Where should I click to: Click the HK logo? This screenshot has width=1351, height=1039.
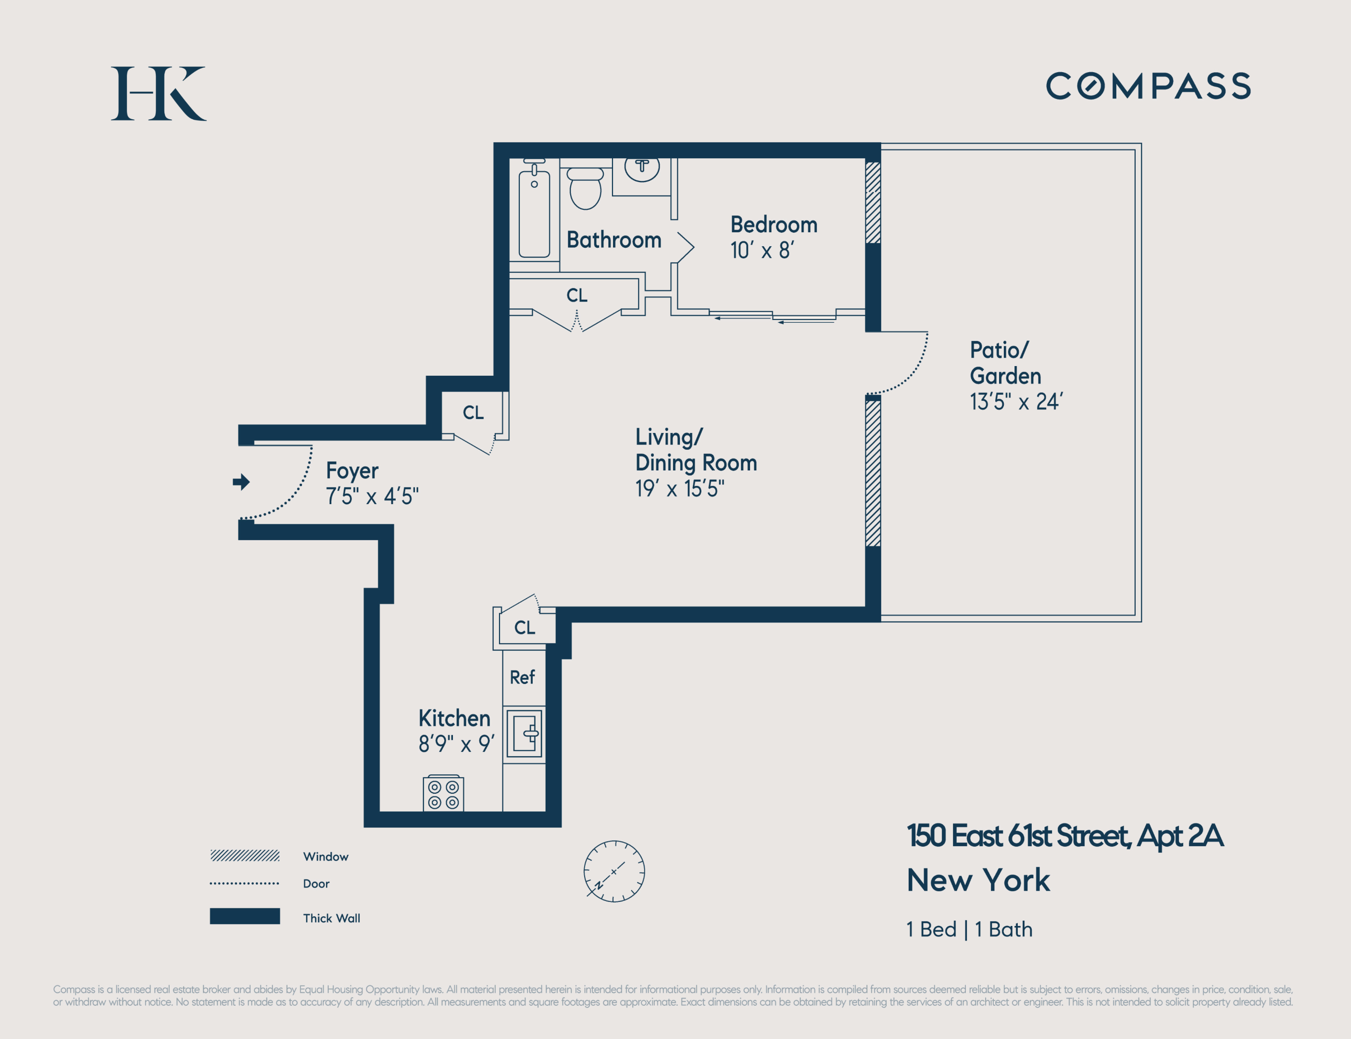click(x=158, y=93)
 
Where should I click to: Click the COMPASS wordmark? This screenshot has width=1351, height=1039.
click(x=1148, y=86)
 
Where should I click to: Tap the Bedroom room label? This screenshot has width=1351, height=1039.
click(x=774, y=225)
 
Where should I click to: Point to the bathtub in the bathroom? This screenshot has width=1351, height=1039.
click(x=534, y=214)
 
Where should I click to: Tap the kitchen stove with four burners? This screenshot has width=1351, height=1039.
click(x=443, y=794)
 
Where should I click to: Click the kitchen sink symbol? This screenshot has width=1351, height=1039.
click(x=524, y=734)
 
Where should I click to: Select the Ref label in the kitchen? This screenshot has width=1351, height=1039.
click(x=522, y=677)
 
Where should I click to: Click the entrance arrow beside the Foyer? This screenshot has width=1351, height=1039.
click(x=241, y=482)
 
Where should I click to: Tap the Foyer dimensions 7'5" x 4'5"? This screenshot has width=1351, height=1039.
click(x=372, y=496)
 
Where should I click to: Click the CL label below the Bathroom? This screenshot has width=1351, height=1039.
click(x=576, y=296)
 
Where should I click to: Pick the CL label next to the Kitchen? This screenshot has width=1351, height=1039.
click(x=525, y=628)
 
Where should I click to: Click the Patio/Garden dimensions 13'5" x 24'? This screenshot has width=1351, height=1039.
click(x=1016, y=402)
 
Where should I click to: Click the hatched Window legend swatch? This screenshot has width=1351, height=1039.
click(x=245, y=856)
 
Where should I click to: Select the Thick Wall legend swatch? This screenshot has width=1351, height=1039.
click(x=245, y=916)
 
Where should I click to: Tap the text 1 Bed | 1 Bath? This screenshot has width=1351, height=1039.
click(x=969, y=929)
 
